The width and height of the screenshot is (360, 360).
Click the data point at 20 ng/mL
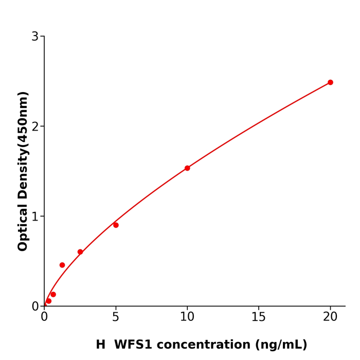(x=330, y=82)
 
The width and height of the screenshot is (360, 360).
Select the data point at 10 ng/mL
(x=187, y=168)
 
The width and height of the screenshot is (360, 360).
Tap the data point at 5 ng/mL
(x=116, y=225)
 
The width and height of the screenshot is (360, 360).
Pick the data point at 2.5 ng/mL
(x=80, y=252)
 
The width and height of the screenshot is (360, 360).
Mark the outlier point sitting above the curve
(x=62, y=265)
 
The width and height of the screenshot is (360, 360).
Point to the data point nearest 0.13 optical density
(x=53, y=295)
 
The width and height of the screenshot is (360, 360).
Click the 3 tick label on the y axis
(x=35, y=37)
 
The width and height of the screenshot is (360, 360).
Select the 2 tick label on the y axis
(x=35, y=127)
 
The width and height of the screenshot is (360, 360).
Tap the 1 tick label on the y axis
(x=35, y=217)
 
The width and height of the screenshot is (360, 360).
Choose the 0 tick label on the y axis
(x=35, y=307)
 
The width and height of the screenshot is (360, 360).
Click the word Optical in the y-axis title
(x=23, y=226)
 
